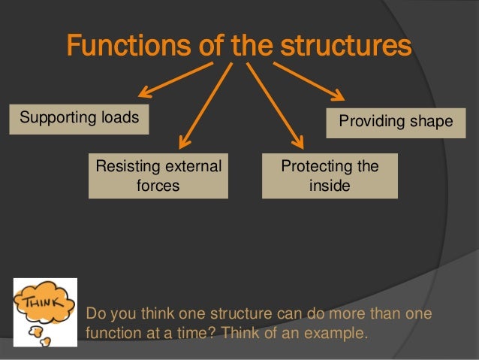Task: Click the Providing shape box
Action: point(396,121)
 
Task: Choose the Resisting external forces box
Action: point(158,176)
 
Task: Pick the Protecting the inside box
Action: point(330,176)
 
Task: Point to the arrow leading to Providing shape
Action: point(309,81)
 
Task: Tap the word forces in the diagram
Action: point(158,185)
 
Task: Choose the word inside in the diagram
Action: point(330,185)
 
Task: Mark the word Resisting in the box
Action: point(125,166)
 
